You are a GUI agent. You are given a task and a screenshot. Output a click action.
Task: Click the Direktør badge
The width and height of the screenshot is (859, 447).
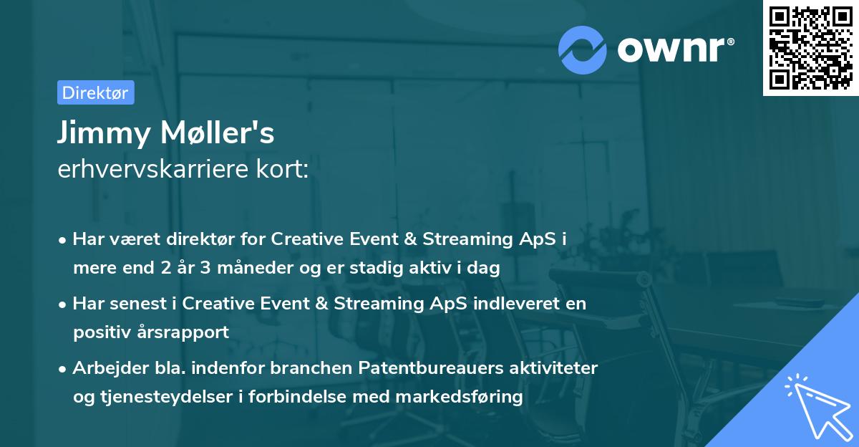point(95,92)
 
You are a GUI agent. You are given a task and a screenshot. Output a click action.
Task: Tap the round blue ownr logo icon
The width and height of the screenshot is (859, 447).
point(583,49)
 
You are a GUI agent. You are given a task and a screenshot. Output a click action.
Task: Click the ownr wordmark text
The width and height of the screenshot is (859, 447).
point(675,49)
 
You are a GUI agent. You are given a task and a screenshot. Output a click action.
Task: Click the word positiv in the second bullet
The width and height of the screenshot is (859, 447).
point(100,332)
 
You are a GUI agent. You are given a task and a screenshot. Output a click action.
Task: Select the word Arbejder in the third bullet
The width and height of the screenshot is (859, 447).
point(104,367)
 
